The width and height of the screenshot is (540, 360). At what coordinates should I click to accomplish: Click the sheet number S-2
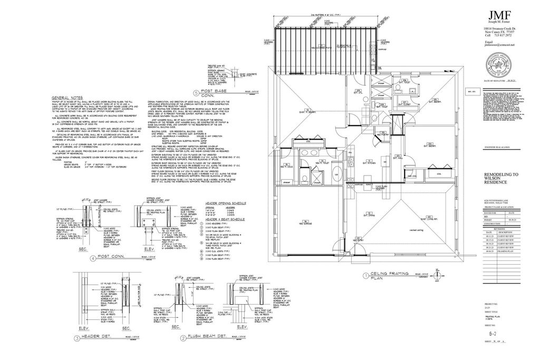coord(491,334)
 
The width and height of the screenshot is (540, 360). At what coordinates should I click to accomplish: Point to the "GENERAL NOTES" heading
coord(67,98)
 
